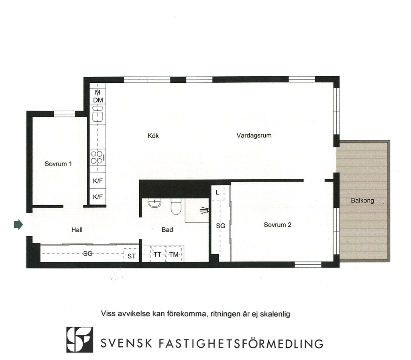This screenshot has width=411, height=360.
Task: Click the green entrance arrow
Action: [x=18, y=225]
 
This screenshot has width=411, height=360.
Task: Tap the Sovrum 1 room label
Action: [x=58, y=164]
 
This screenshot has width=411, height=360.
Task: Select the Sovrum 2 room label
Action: [x=278, y=225]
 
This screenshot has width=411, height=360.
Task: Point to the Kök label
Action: [x=153, y=136]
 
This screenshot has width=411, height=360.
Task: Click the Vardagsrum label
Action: [x=254, y=135]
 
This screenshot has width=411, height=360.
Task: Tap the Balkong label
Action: [x=362, y=200]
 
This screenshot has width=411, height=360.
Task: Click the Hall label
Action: [x=77, y=230]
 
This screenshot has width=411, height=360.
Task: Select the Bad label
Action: [x=167, y=230]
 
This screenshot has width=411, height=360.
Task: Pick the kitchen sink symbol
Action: [x=98, y=114]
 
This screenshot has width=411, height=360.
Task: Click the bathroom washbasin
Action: [x=155, y=203]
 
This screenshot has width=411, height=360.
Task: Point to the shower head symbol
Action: [x=205, y=211]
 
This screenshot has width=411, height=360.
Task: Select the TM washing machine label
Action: [x=174, y=254]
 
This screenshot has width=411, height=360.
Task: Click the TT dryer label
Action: [x=157, y=254]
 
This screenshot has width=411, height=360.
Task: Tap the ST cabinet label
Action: [x=132, y=256]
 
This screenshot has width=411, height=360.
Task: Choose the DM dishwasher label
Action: [x=98, y=100]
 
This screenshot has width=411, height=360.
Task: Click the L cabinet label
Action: [x=217, y=192]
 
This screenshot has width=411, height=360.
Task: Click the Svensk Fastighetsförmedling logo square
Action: [x=80, y=340]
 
